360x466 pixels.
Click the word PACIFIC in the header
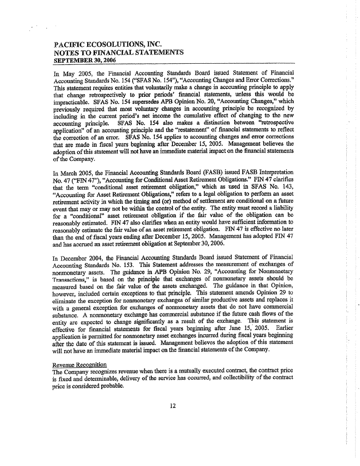(x=68, y=45)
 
